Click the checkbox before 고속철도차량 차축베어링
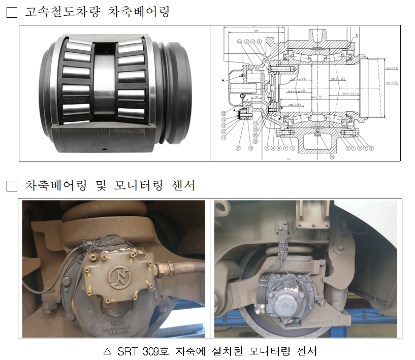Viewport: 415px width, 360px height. tap(11, 13)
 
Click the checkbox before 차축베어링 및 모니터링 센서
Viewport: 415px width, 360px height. tap(11, 186)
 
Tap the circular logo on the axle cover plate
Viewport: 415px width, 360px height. tap(118, 278)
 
